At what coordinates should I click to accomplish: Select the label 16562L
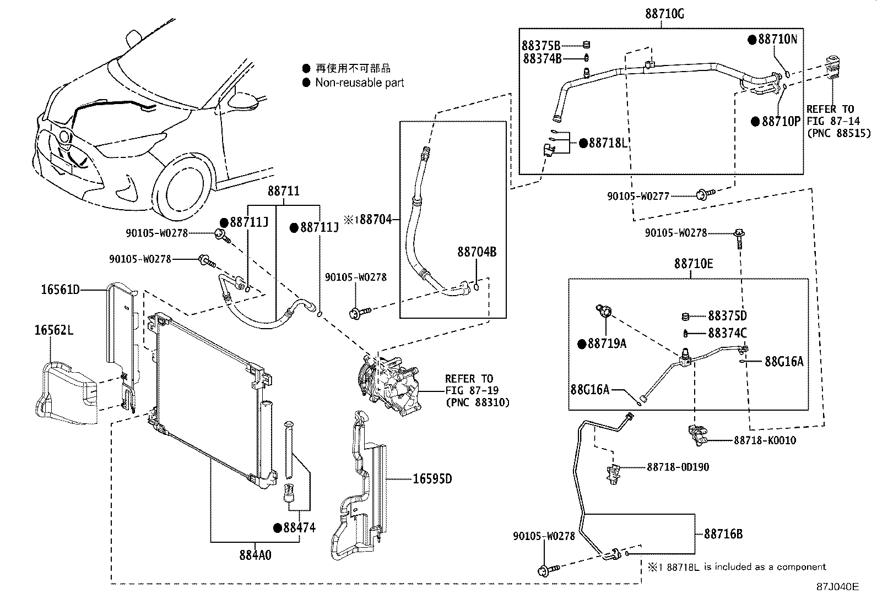54,330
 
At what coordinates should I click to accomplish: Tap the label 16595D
432,479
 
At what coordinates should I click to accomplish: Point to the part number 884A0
255,555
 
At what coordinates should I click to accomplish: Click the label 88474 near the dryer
299,528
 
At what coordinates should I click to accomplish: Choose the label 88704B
477,252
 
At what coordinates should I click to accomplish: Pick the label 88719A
607,344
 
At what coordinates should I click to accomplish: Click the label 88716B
723,534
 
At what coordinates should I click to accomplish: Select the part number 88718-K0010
765,440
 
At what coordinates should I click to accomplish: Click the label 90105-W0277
638,195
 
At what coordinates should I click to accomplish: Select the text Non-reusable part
359,83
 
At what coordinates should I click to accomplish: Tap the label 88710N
777,39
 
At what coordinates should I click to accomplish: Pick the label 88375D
727,316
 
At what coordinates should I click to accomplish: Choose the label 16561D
61,289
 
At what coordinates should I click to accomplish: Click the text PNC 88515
838,133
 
